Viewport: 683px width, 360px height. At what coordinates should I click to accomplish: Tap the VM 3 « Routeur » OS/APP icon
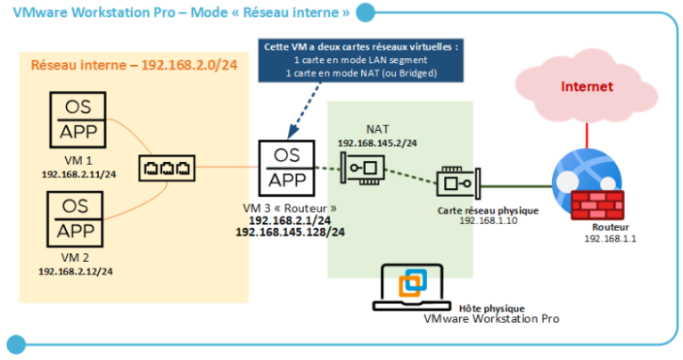[x=286, y=167]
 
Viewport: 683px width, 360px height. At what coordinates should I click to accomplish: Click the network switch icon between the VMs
[x=167, y=167]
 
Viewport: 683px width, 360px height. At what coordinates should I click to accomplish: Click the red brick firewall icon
[x=597, y=206]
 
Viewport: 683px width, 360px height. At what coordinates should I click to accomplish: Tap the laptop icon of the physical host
[x=410, y=287]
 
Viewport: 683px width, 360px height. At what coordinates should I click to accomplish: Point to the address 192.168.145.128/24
[x=290, y=232]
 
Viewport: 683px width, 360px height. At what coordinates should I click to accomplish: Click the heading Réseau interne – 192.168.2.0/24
[x=134, y=66]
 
